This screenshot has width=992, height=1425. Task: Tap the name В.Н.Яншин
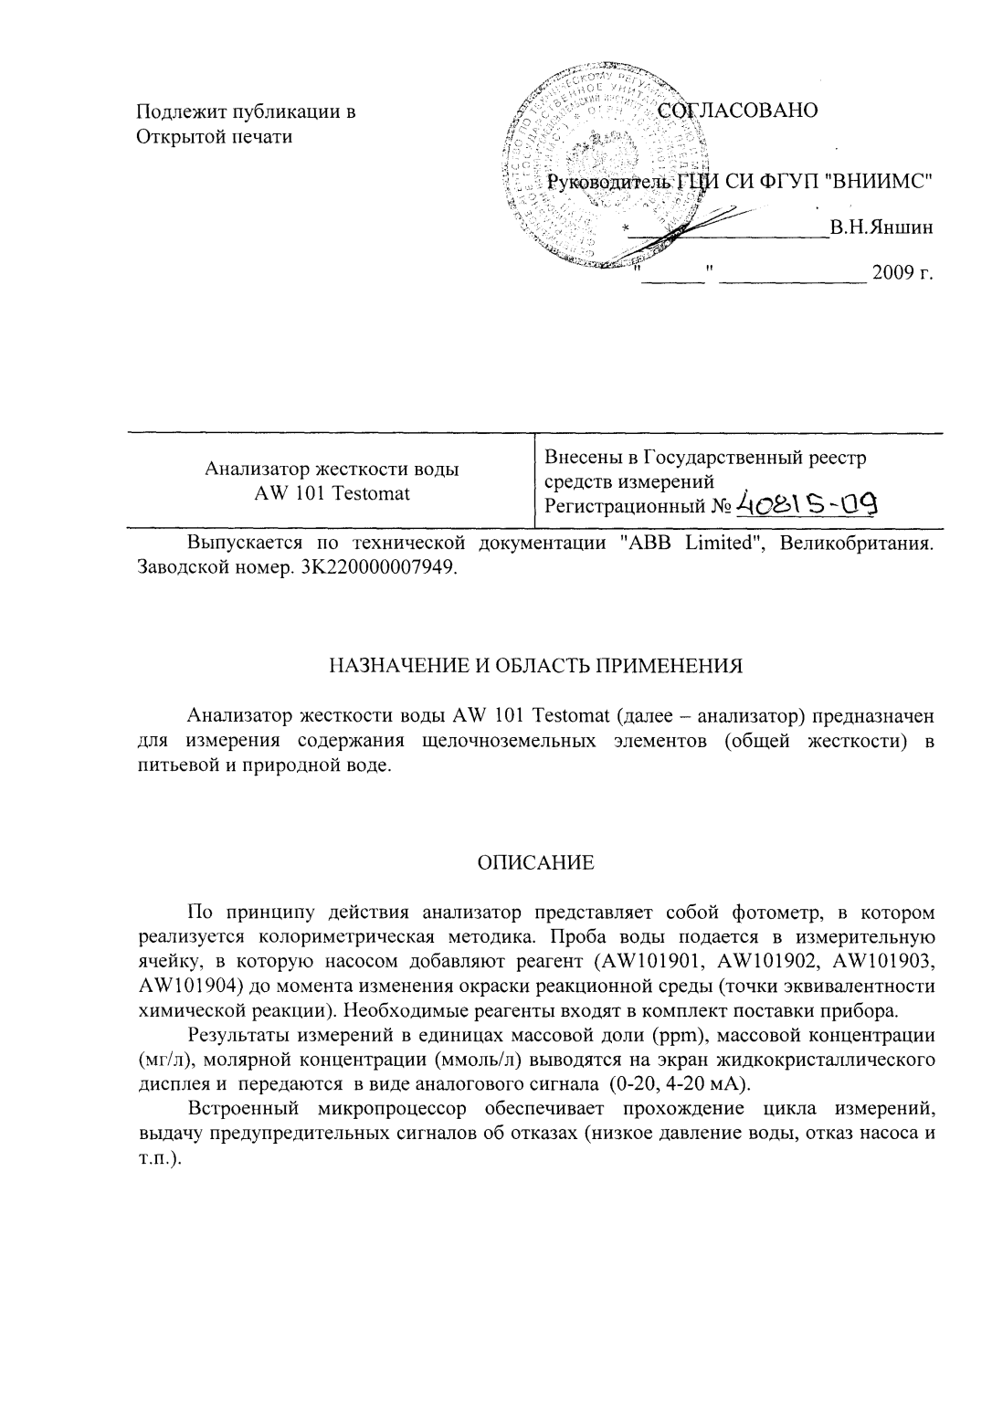pyautogui.click(x=881, y=227)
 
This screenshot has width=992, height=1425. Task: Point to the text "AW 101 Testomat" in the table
pyautogui.click(x=332, y=493)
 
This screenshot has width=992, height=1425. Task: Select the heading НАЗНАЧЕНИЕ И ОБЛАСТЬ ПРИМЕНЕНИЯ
pyautogui.click(x=535, y=665)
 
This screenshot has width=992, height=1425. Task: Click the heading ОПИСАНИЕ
pyautogui.click(x=536, y=862)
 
